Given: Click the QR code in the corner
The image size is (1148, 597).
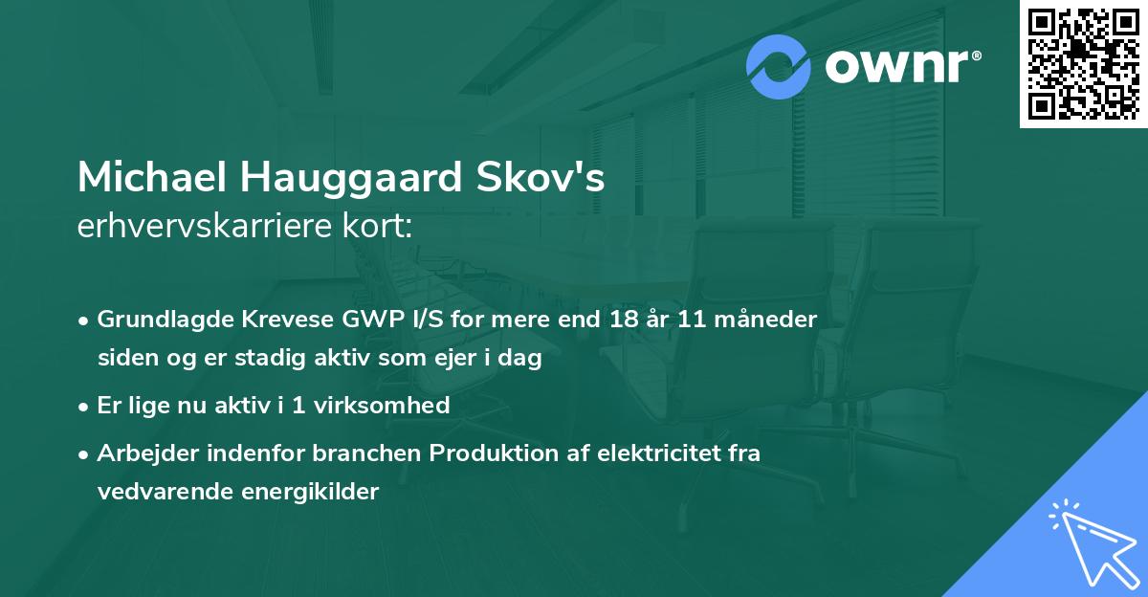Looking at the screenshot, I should point(1083,64).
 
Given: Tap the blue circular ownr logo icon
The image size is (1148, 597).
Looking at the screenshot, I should point(779,66).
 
